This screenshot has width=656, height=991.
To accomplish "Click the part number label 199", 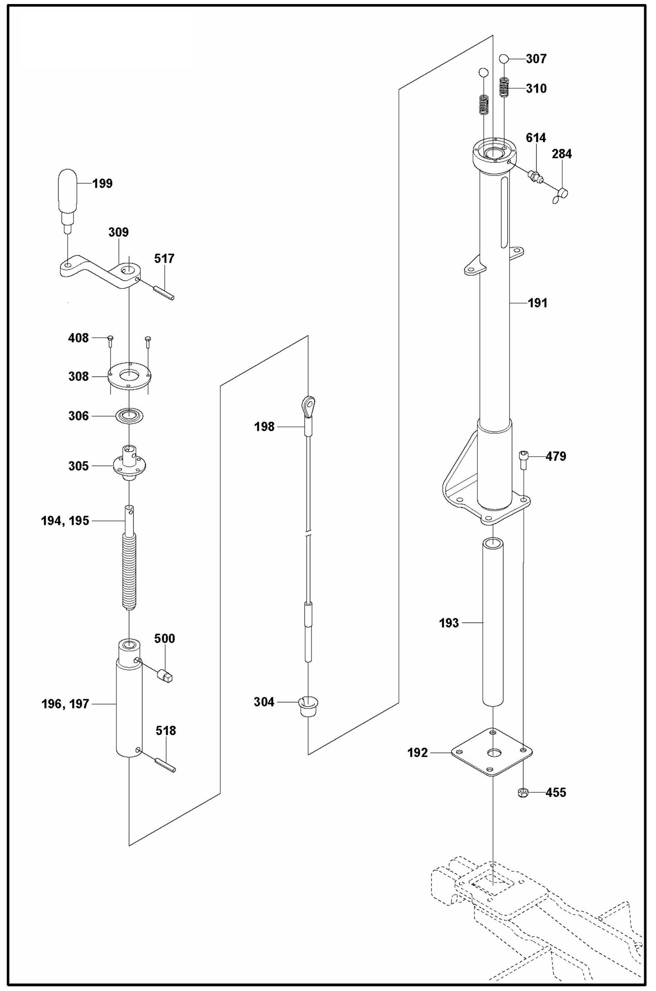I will coord(102,184).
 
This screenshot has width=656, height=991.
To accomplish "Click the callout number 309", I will coord(118,233).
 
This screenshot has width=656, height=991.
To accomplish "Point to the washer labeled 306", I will coord(130,415).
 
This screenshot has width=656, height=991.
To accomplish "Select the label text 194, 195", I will coord(65,521).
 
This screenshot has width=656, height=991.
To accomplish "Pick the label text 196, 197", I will coord(65,704).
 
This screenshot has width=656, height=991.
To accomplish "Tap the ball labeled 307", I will coord(503,59).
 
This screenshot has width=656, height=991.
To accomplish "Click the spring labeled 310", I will coord(504,87).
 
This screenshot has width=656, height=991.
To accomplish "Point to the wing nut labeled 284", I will coord(561,195).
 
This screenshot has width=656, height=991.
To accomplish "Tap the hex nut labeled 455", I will coord(523,792).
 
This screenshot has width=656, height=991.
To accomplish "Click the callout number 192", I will coord(417,753).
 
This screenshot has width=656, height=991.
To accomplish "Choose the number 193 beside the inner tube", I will coord(449,623).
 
